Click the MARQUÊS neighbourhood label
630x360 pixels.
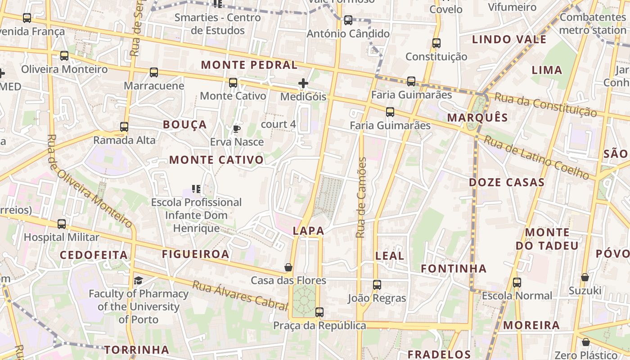coord(477,118)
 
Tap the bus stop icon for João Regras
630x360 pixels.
coord(377,285)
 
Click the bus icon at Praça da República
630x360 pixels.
coord(319,312)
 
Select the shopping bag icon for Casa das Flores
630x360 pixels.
coord(288,267)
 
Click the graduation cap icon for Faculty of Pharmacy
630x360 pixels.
coord(138,281)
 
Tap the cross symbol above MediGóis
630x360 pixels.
coord(303,83)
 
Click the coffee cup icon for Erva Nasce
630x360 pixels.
coord(237,129)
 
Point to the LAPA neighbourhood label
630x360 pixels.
coord(308,231)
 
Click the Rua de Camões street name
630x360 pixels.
coord(361,198)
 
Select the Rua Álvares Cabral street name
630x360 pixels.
coord(240,295)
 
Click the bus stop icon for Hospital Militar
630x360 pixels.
coord(62,224)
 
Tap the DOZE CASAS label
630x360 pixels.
coord(507,182)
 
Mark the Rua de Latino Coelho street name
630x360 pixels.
coord(536,157)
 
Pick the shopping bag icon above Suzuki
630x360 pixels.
coord(585,277)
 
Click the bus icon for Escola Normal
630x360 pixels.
coord(517,283)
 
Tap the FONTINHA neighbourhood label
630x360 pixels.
coord(454,269)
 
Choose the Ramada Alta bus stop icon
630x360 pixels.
coord(124,127)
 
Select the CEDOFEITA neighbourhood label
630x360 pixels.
coord(94,255)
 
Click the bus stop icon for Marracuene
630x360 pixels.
coord(154,72)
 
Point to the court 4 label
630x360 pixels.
coord(279,124)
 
